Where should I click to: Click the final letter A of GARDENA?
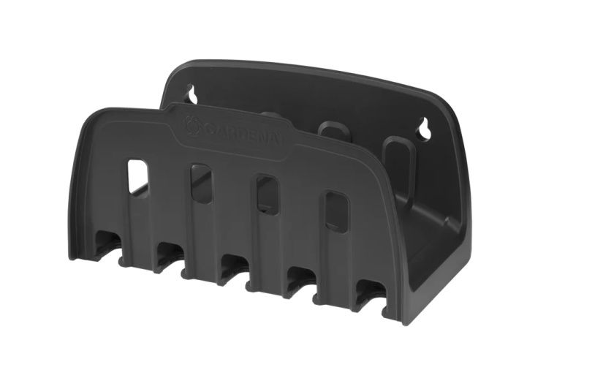click(x=277, y=141)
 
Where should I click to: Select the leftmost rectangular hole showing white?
click(x=138, y=177)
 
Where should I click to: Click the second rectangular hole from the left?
click(x=201, y=184)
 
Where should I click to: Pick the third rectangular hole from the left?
click(x=267, y=195)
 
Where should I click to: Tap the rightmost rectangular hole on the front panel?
click(x=337, y=212)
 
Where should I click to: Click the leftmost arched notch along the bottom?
click(x=107, y=245)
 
